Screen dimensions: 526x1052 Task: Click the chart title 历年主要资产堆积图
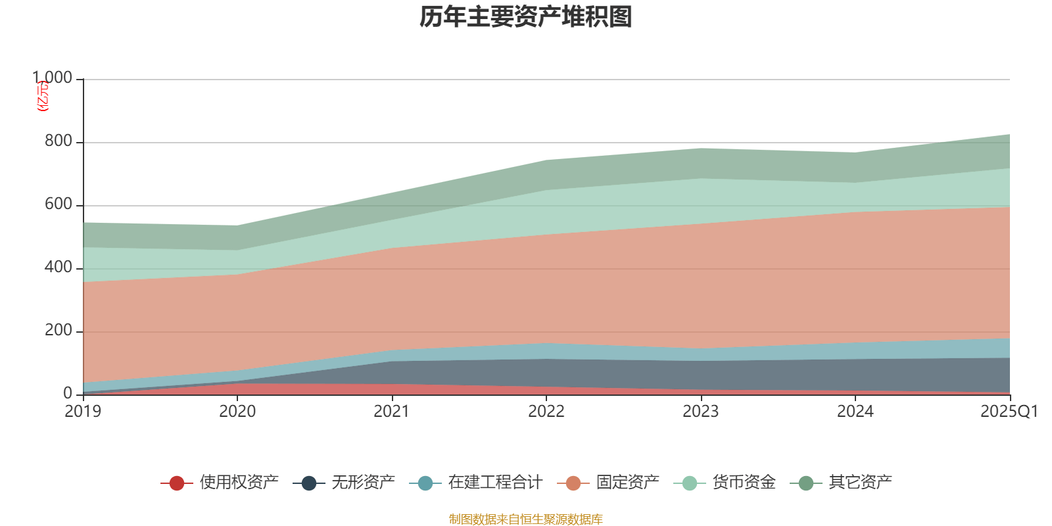point(526,17)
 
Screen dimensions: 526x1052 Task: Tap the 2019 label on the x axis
point(83,412)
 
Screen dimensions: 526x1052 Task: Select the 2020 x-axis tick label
point(237,412)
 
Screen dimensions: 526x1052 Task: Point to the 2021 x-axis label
point(392,412)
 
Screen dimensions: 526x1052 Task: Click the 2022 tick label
point(546,412)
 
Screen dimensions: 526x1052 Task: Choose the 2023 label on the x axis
point(701,412)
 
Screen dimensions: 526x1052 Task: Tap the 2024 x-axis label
point(855,412)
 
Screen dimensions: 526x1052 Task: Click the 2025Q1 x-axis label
point(1009,412)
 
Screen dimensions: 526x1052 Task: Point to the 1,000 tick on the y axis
point(53,78)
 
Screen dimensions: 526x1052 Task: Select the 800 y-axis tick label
point(58,141)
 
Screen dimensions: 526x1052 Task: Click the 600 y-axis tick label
point(58,204)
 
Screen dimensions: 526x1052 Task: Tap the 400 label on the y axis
point(58,268)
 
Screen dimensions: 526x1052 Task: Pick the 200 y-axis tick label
point(58,331)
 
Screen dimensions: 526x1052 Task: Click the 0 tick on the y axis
point(68,394)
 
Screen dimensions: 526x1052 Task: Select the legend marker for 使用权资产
point(176,483)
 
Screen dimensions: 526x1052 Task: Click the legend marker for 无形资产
point(309,483)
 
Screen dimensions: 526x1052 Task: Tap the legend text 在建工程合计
point(494,483)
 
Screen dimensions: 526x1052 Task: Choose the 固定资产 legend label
point(627,483)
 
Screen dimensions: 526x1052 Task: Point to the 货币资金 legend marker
point(689,483)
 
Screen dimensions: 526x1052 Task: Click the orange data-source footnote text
point(526,519)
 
